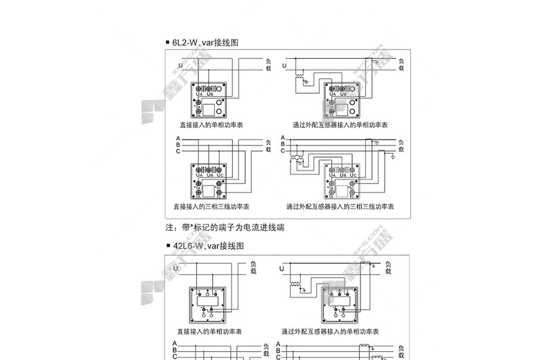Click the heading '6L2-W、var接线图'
[x=206, y=42]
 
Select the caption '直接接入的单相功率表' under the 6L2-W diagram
[x=211, y=125]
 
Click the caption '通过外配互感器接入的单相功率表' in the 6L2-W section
[x=340, y=125]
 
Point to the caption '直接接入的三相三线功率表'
[x=211, y=206]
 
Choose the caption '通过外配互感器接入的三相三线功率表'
[x=340, y=206]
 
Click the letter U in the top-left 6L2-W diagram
[x=180, y=65]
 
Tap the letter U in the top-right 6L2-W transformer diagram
[x=284, y=65]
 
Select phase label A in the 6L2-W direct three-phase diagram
[x=178, y=138]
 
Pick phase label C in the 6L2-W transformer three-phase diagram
[x=282, y=151]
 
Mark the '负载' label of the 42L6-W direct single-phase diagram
[x=253, y=267]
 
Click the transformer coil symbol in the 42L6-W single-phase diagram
[x=295, y=285]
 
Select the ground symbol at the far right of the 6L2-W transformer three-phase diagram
[x=393, y=156]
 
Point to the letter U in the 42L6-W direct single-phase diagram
[x=176, y=269]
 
